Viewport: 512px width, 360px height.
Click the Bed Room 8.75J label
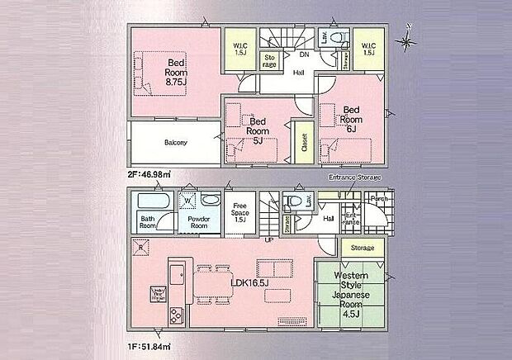click(175, 73)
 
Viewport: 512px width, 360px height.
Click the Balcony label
click(175, 142)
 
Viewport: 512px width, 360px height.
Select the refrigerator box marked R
click(140, 247)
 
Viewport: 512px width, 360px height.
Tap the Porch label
click(379, 198)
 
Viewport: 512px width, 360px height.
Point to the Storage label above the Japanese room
click(362, 248)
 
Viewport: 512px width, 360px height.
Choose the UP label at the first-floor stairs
click(268, 240)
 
